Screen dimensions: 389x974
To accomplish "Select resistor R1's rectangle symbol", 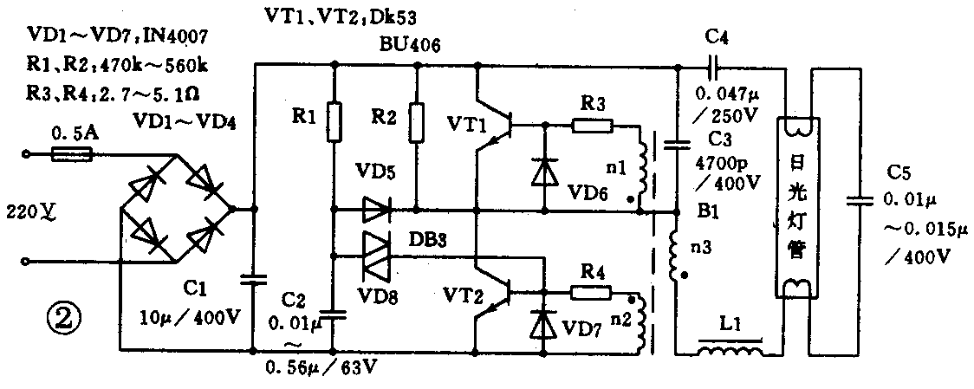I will click(334, 121).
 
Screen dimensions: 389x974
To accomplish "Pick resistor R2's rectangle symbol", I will click(417, 121).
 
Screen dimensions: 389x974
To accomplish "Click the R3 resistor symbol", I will click(594, 126).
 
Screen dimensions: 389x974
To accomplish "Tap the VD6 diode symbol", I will click(544, 172).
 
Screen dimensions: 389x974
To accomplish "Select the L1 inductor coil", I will click(730, 351).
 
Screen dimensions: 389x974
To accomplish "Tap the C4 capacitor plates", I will click(712, 67).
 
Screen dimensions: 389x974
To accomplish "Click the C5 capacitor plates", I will click(858, 201).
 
